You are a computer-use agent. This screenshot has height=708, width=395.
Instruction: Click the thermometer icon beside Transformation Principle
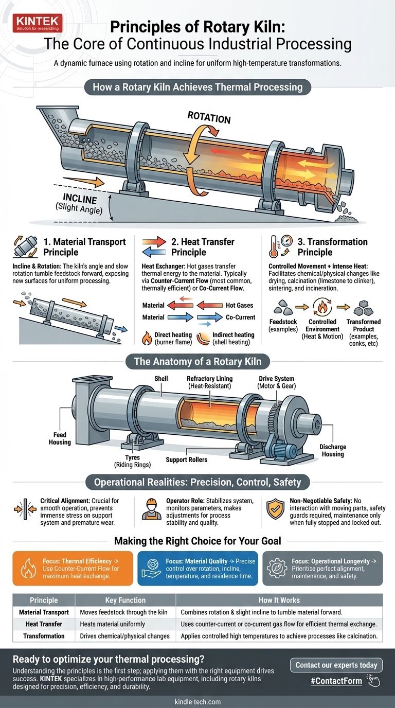[277, 246]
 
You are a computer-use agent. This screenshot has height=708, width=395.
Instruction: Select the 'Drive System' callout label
[276, 382]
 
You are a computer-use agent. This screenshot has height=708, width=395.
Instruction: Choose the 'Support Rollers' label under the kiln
[187, 459]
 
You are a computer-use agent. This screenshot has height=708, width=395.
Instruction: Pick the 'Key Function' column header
[125, 600]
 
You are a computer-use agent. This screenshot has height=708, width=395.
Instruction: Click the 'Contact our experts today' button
[336, 665]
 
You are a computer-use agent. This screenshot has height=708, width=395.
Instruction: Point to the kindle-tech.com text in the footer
[197, 701]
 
